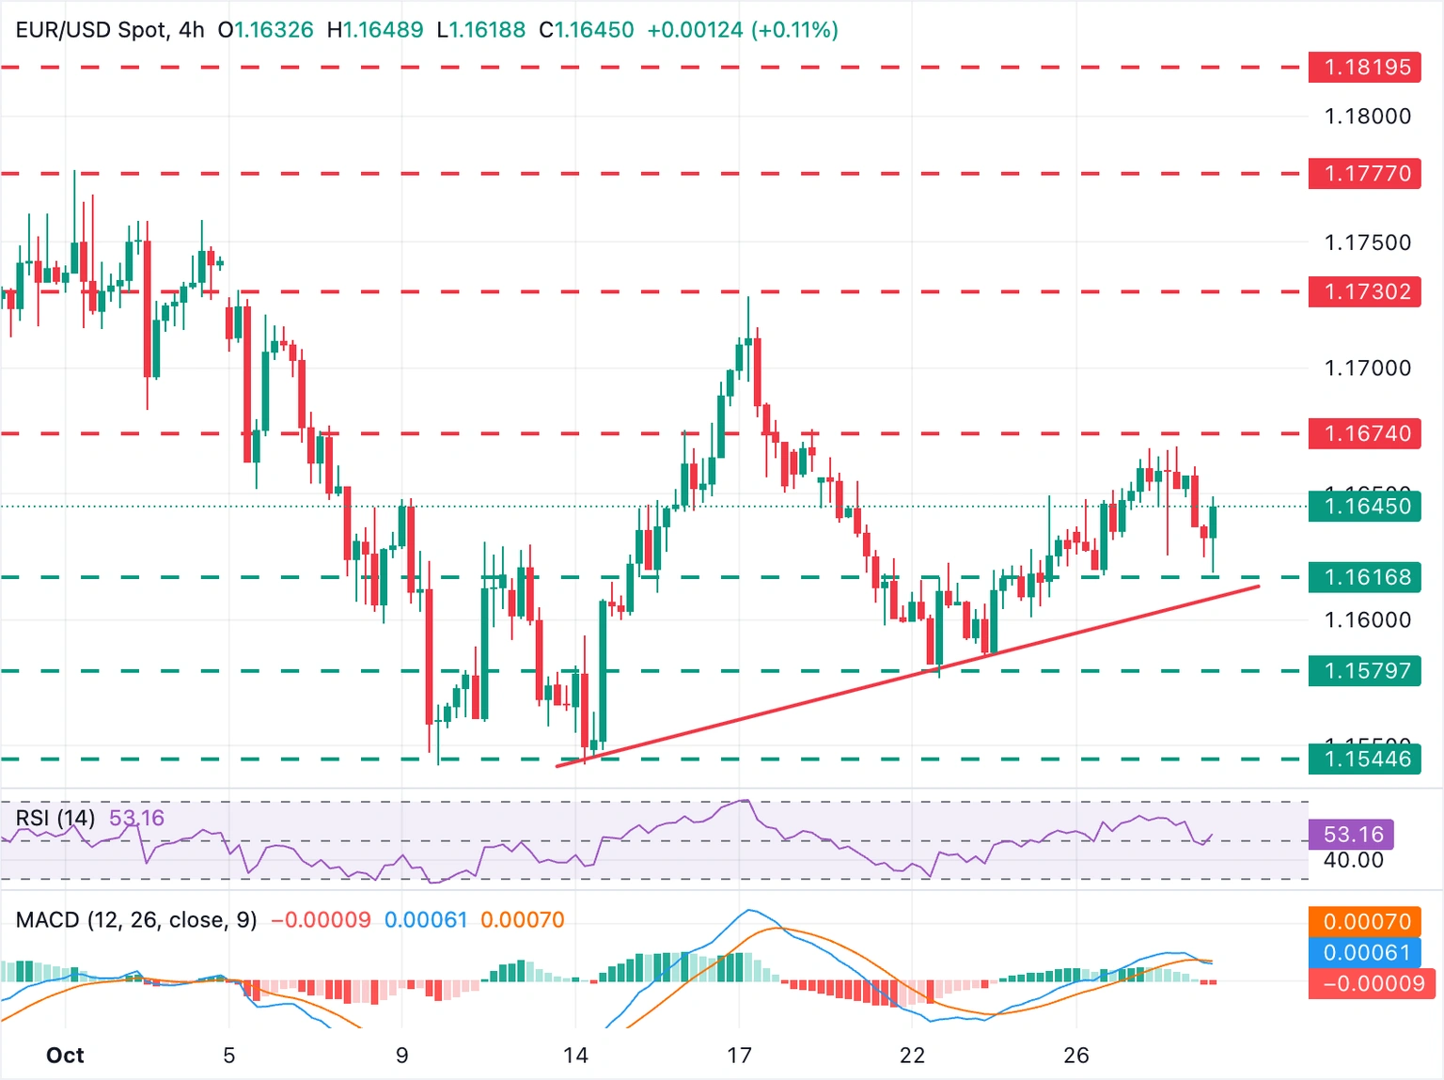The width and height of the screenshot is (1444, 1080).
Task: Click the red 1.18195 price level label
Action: click(1364, 68)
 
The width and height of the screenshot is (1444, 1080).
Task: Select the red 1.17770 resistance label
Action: click(1364, 174)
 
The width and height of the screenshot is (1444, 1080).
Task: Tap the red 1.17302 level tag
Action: click(1364, 291)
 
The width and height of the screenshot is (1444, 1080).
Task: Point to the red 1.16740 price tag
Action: click(1364, 433)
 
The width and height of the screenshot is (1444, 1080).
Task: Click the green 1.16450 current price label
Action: click(1364, 507)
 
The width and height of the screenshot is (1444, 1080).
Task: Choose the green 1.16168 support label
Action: click(1364, 577)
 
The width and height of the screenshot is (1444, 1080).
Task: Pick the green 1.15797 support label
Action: click(1364, 671)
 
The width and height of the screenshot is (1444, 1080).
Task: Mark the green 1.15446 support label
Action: click(1364, 759)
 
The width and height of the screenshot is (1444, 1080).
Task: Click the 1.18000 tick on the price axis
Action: click(1367, 117)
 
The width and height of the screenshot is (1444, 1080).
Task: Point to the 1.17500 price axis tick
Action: click(1367, 243)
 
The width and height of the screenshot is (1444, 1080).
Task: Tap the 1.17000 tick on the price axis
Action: click(1367, 368)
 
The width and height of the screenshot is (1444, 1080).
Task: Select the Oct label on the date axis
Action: click(65, 1056)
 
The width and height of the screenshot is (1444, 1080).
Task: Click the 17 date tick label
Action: click(739, 1056)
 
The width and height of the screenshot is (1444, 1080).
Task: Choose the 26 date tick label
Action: click(1076, 1056)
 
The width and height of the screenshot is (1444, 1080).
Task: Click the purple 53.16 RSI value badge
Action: click(1352, 835)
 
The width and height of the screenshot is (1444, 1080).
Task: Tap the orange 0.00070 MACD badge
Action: click(1364, 922)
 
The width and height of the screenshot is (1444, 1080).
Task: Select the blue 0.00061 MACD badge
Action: click(1364, 953)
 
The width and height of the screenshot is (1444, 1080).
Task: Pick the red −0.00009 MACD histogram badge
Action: click(1364, 984)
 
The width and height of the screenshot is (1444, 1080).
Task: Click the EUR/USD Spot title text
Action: click(92, 30)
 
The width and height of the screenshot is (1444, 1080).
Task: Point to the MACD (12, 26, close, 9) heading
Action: click(136, 919)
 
